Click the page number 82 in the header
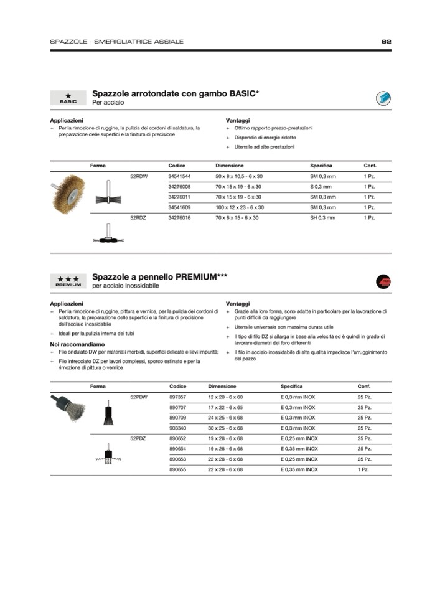[x=386, y=41]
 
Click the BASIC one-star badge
[x=68, y=98]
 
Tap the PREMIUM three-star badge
[x=68, y=281]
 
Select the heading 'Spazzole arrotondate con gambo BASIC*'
[x=176, y=93]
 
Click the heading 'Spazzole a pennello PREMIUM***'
[x=159, y=276]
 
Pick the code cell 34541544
[x=179, y=176]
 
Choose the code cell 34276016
[x=179, y=218]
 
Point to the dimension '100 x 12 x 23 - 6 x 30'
[x=239, y=207]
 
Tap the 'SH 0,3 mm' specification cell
[x=322, y=218]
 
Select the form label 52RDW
[x=139, y=176]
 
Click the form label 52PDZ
[x=138, y=438]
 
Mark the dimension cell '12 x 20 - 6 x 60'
[x=225, y=397]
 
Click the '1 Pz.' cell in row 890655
[x=363, y=469]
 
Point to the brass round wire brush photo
[x=69, y=193]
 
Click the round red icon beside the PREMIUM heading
[x=383, y=281]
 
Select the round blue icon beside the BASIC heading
[x=383, y=98]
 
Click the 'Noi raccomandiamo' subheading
[x=77, y=344]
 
